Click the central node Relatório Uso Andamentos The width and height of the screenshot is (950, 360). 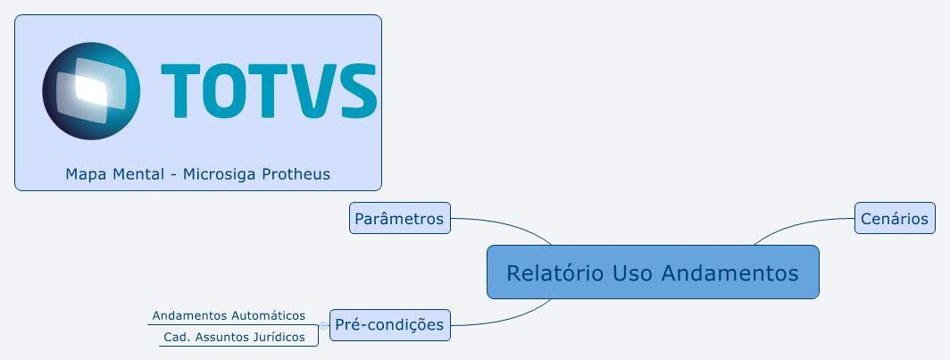tap(652, 272)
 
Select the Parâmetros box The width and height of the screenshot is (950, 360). tap(399, 218)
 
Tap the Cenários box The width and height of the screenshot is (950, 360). tap(895, 218)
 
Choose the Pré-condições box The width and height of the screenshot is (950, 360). tap(389, 324)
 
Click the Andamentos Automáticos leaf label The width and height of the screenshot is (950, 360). tap(229, 315)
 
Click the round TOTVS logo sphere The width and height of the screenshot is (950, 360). tap(90, 91)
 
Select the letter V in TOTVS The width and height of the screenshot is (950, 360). tap(317, 91)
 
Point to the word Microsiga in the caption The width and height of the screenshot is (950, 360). tap(220, 174)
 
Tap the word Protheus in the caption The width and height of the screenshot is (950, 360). tap(296, 174)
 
